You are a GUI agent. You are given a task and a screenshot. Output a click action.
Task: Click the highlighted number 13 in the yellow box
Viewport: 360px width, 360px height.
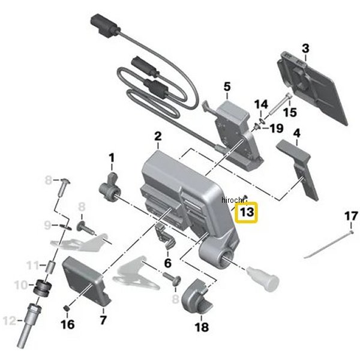[x=247, y=212]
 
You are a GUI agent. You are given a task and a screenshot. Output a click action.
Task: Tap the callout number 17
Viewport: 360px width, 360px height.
[x=350, y=216]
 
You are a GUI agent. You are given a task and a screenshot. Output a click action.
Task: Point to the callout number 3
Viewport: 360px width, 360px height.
[x=305, y=49]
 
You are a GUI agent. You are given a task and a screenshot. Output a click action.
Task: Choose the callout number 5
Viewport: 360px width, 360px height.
[x=227, y=88]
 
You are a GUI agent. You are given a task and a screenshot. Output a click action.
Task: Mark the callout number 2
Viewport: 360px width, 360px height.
[x=157, y=137]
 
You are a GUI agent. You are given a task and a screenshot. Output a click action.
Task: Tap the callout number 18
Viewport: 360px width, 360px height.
[x=202, y=328]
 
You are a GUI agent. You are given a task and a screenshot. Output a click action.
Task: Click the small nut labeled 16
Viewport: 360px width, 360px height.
[x=68, y=308]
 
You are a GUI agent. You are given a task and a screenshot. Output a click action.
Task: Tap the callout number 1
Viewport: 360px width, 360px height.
[x=111, y=159]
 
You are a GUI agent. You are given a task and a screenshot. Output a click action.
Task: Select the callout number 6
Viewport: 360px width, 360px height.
[x=167, y=263]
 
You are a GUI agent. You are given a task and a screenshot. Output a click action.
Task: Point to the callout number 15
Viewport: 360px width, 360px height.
[x=290, y=112]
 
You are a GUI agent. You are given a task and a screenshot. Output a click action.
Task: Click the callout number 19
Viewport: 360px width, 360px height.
[x=276, y=128]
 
